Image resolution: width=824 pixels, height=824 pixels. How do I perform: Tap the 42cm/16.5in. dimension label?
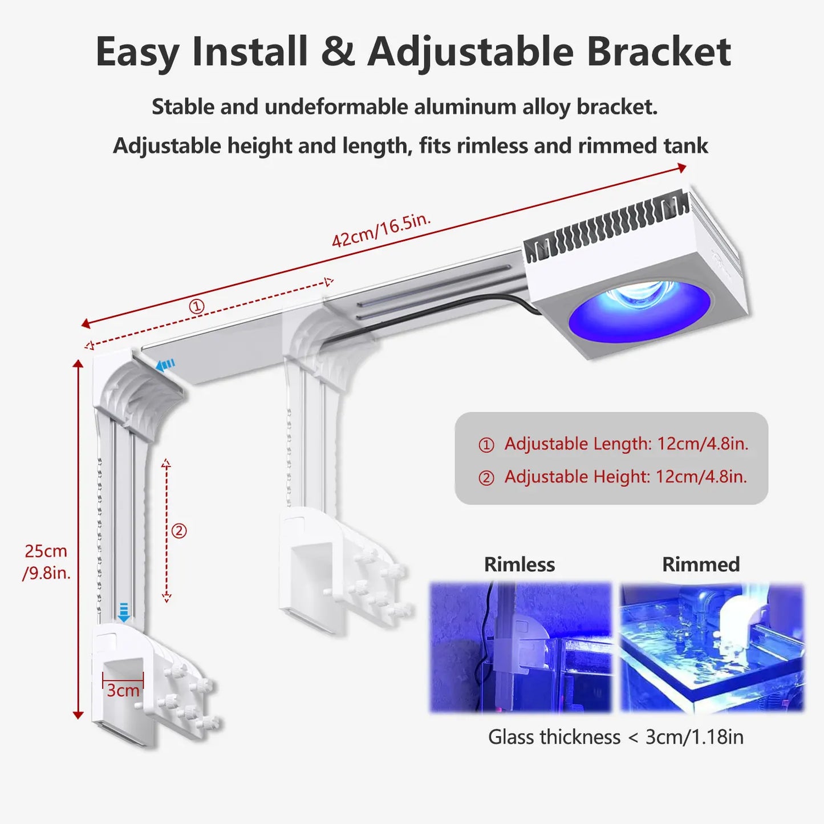coord(380,230)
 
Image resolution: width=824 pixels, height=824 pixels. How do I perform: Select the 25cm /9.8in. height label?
coord(46,561)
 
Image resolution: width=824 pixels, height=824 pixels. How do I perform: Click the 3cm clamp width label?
coord(123,691)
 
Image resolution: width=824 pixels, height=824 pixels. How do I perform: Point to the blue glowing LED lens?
coord(640,311)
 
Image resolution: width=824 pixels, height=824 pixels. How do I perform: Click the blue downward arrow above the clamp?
coord(124,612)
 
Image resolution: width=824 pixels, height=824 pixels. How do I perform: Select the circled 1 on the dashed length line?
coord(197,307)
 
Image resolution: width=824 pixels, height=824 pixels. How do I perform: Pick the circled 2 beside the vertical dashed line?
coord(179,531)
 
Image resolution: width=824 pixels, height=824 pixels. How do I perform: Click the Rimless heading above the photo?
coord(519,565)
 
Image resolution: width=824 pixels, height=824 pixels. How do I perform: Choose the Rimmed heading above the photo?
coord(701,565)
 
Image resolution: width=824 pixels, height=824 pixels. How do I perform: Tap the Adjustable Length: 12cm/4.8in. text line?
coord(626,444)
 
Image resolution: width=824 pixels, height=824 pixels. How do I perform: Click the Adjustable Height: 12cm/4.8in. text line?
coord(625,477)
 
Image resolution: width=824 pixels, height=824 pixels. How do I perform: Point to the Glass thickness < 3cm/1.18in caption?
coord(615,737)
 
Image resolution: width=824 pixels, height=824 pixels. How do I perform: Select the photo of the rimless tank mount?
coord(520,647)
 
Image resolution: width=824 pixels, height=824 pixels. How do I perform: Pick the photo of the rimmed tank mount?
coord(712,647)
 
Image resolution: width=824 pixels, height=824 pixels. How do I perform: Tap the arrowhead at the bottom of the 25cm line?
coord(78,715)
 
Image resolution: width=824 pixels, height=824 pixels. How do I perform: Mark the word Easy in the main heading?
coord(137,52)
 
